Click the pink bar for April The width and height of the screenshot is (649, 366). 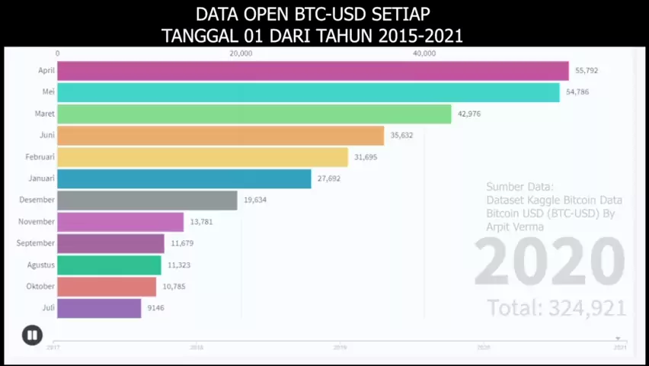click(x=312, y=71)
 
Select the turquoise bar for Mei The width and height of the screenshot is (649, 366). click(x=308, y=92)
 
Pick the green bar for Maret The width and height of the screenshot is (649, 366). click(x=254, y=114)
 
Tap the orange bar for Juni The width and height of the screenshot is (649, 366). click(x=220, y=136)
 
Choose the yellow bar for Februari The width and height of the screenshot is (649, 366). click(x=202, y=157)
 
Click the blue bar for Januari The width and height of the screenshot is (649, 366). click(x=184, y=178)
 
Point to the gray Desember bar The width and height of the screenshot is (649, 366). click(x=147, y=200)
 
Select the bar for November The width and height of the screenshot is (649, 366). click(x=120, y=222)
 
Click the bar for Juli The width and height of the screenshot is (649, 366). click(x=99, y=308)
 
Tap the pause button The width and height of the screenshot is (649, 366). click(x=32, y=335)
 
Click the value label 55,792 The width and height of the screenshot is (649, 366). click(x=587, y=71)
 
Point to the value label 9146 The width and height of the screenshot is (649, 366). click(x=155, y=308)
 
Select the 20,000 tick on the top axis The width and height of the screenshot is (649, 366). click(x=241, y=53)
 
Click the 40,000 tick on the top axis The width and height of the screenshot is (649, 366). click(x=424, y=53)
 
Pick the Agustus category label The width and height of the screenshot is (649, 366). click(x=40, y=265)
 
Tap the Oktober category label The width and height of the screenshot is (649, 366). click(x=40, y=286)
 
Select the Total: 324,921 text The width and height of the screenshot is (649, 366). click(x=556, y=308)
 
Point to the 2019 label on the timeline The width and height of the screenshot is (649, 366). click(x=340, y=347)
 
